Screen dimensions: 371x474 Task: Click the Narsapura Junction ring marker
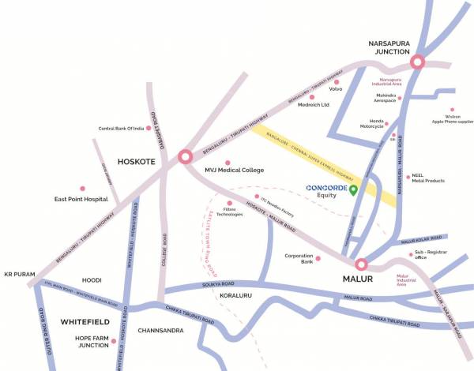pyautogui.click(x=417, y=62)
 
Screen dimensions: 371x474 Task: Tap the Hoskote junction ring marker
pyautogui.click(x=186, y=156)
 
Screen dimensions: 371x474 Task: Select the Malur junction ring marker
pyautogui.click(x=362, y=264)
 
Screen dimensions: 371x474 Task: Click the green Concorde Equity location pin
pyautogui.click(x=354, y=190)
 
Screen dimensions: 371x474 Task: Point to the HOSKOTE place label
pyautogui.click(x=138, y=161)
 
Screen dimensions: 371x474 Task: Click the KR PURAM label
pyautogui.click(x=17, y=274)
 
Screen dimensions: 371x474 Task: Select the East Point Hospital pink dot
pyautogui.click(x=81, y=189)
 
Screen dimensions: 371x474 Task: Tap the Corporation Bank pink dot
pyautogui.click(x=318, y=258)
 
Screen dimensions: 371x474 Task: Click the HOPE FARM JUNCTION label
pyautogui.click(x=87, y=340)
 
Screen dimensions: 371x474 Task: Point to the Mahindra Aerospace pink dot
pyautogui.click(x=400, y=99)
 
